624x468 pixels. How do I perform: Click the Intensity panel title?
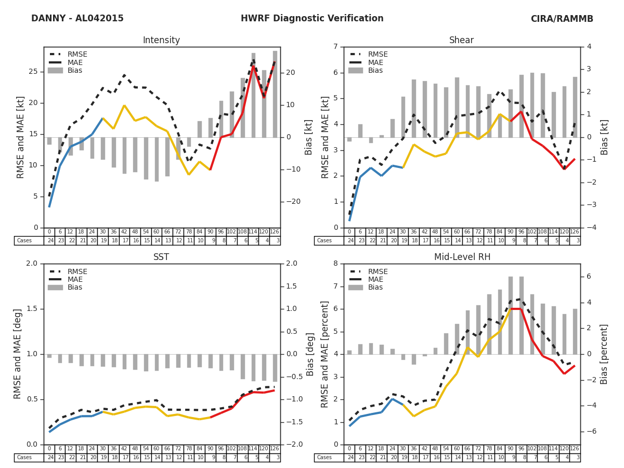coord(161,41)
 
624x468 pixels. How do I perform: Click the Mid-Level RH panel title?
coord(462,257)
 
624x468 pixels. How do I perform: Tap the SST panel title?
coord(161,257)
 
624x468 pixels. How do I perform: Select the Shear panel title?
coord(462,41)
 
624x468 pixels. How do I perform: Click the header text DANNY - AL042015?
coord(77,19)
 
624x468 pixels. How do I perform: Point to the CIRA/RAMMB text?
coord(562,19)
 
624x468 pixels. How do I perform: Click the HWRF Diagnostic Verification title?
coord(312,19)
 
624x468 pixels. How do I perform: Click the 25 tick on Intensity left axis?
coord(33,72)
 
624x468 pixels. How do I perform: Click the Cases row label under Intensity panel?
coord(24,241)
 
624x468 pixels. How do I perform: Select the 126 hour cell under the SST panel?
coord(275,449)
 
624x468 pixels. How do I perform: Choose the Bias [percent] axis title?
coord(605,354)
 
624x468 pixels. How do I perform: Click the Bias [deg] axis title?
coord(310,354)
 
